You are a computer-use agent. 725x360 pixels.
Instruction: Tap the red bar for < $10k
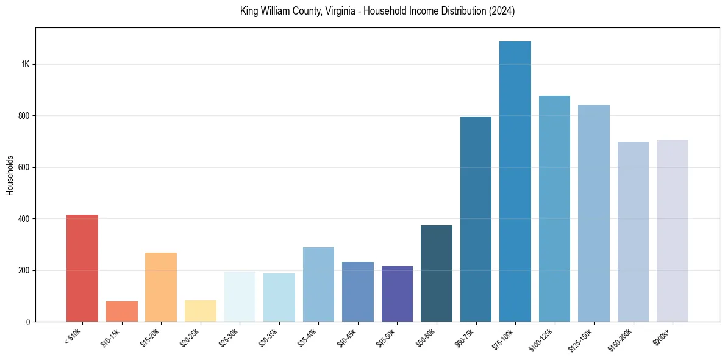(x=82, y=268)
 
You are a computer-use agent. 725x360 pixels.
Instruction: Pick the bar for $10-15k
(x=121, y=311)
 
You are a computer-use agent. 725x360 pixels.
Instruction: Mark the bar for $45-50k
(x=397, y=293)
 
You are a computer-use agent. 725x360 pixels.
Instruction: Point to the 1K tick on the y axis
(x=26, y=64)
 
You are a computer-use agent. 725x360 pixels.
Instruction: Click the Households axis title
(x=10, y=175)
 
